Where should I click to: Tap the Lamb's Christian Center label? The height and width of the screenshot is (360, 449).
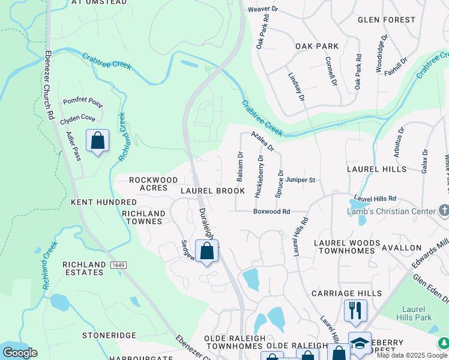(391, 211)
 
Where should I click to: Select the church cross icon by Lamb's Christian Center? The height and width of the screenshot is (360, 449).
(444, 210)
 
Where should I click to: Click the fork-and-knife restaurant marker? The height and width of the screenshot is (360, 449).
(355, 311)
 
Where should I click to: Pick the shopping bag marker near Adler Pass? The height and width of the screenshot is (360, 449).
(97, 142)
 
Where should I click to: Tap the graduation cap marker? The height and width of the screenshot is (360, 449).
(359, 343)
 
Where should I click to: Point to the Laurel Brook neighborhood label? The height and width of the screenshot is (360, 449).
(212, 191)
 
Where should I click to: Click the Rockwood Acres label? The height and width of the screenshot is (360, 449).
(153, 184)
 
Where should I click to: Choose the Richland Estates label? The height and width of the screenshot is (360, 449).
(83, 268)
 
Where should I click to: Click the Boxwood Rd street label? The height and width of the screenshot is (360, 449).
(271, 211)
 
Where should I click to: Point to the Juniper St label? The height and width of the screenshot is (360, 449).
(300, 179)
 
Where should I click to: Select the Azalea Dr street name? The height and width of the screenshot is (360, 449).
(262, 141)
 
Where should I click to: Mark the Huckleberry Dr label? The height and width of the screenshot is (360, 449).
(259, 176)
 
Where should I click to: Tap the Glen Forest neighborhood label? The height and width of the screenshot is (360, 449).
(386, 20)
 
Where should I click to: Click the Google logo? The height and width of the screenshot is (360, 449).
(20, 352)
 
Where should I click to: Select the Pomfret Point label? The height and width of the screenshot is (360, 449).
(83, 101)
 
